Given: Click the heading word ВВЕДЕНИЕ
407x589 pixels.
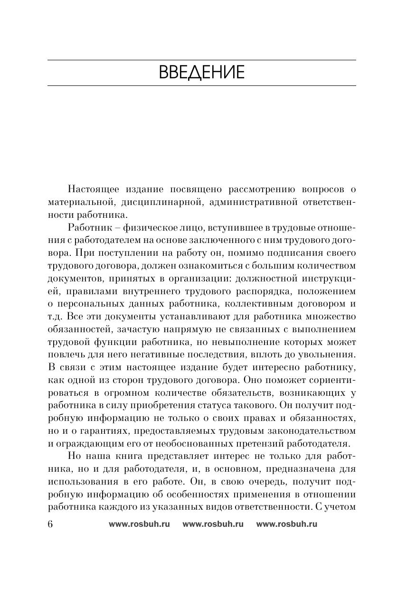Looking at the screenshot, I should [x=201, y=73].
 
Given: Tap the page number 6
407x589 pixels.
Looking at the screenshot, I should [x=51, y=524].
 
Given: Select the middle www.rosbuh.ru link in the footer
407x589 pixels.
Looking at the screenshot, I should [x=213, y=524].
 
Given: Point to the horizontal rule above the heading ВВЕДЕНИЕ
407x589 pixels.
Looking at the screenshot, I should [x=201, y=60].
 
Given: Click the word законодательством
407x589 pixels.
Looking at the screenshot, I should [x=309, y=431].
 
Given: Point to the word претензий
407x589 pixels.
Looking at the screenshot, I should [x=265, y=444].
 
